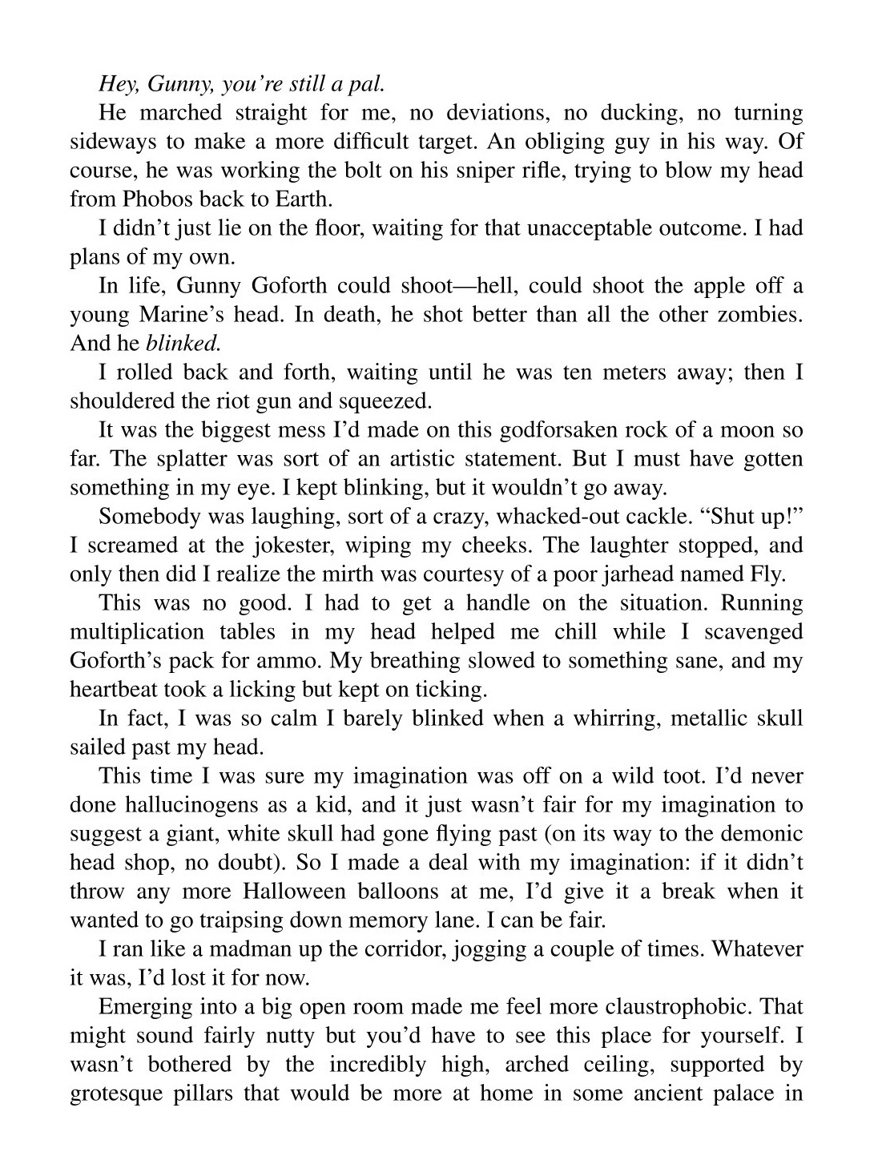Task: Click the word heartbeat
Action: pyautogui.click(x=113, y=689)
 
